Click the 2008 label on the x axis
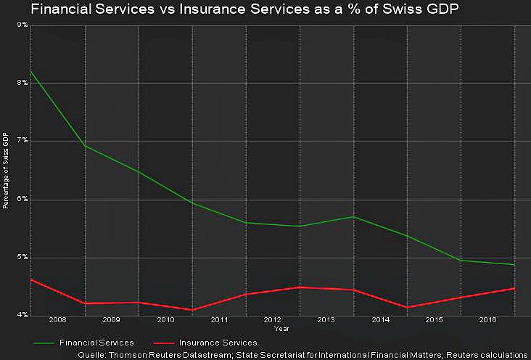[x=57, y=319]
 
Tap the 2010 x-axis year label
[x=165, y=319]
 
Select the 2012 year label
[x=273, y=319]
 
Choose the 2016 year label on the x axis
[x=488, y=319]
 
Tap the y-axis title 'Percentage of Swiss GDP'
[x=6, y=171]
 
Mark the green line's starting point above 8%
[x=31, y=72]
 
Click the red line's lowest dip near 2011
[x=192, y=310]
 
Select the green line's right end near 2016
[x=515, y=265]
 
